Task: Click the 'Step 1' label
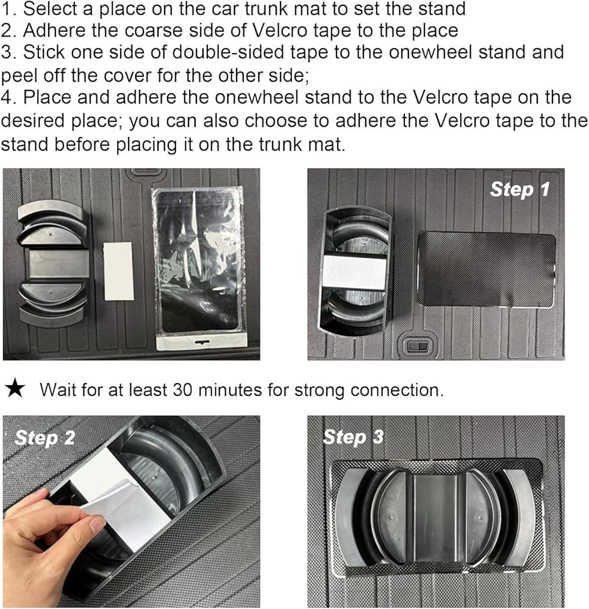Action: pos(520,189)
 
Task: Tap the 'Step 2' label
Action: pos(45,438)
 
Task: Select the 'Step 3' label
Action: pos(353,437)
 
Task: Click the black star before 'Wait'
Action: pos(15,389)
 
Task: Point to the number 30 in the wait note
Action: pos(182,390)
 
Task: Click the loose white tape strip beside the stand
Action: pos(118,271)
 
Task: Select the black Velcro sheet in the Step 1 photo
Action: pos(487,269)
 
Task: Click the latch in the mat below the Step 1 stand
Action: pos(418,345)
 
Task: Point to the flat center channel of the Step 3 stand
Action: pos(435,516)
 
